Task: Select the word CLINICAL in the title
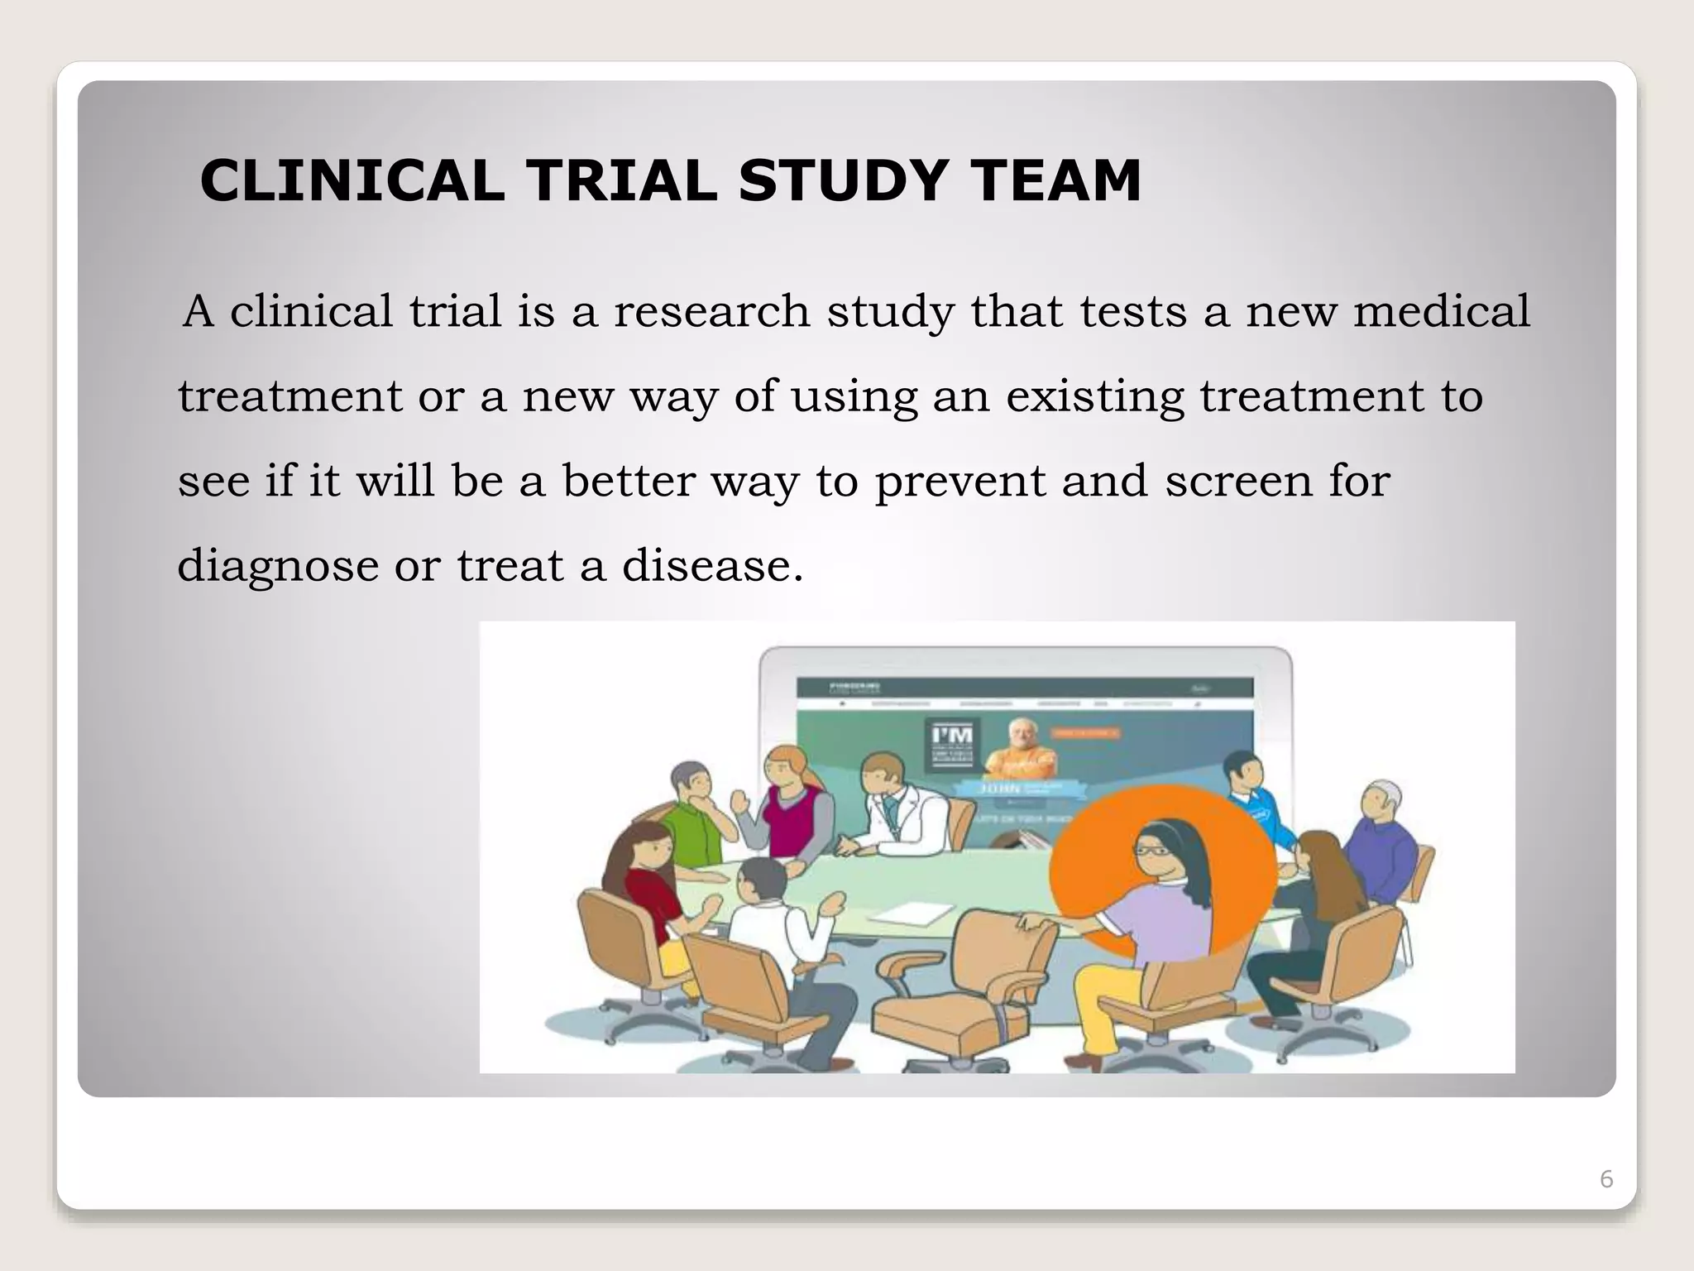tap(352, 180)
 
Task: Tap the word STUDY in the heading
tap(842, 180)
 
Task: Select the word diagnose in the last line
tap(278, 568)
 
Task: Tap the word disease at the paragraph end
tap(712, 566)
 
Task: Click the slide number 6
tap(1606, 1179)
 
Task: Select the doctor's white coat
tap(902, 819)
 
